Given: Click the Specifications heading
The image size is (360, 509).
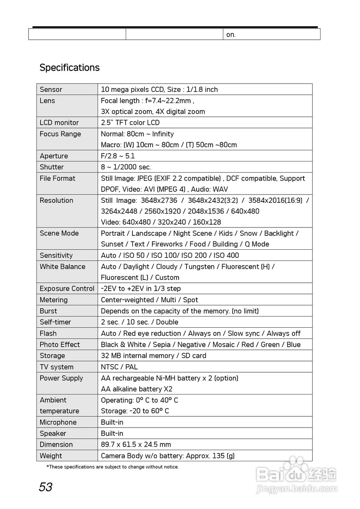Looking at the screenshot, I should click(69, 68).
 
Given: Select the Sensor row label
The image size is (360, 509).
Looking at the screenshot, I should click(51, 89).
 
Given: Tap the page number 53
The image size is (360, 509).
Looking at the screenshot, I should click(45, 487).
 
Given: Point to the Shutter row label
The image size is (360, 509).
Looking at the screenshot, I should click(52, 167).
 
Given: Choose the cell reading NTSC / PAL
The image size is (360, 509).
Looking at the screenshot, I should click(119, 367).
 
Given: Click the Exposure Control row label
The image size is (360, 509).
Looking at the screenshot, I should click(67, 289).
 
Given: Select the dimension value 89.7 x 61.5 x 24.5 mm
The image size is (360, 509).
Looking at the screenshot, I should click(136, 445).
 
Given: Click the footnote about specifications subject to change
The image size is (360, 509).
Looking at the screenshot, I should click(113, 467).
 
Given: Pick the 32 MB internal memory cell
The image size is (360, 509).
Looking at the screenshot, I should click(154, 356).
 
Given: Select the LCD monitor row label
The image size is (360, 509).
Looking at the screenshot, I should click(59, 122).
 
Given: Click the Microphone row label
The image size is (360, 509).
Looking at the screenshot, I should click(58, 422).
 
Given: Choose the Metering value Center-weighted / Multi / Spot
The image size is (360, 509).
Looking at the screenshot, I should click(149, 300).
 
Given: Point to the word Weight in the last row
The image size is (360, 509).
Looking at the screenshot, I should click(51, 456).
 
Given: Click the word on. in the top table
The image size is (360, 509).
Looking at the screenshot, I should click(231, 35).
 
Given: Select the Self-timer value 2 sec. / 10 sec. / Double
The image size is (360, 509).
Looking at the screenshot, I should click(139, 322).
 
